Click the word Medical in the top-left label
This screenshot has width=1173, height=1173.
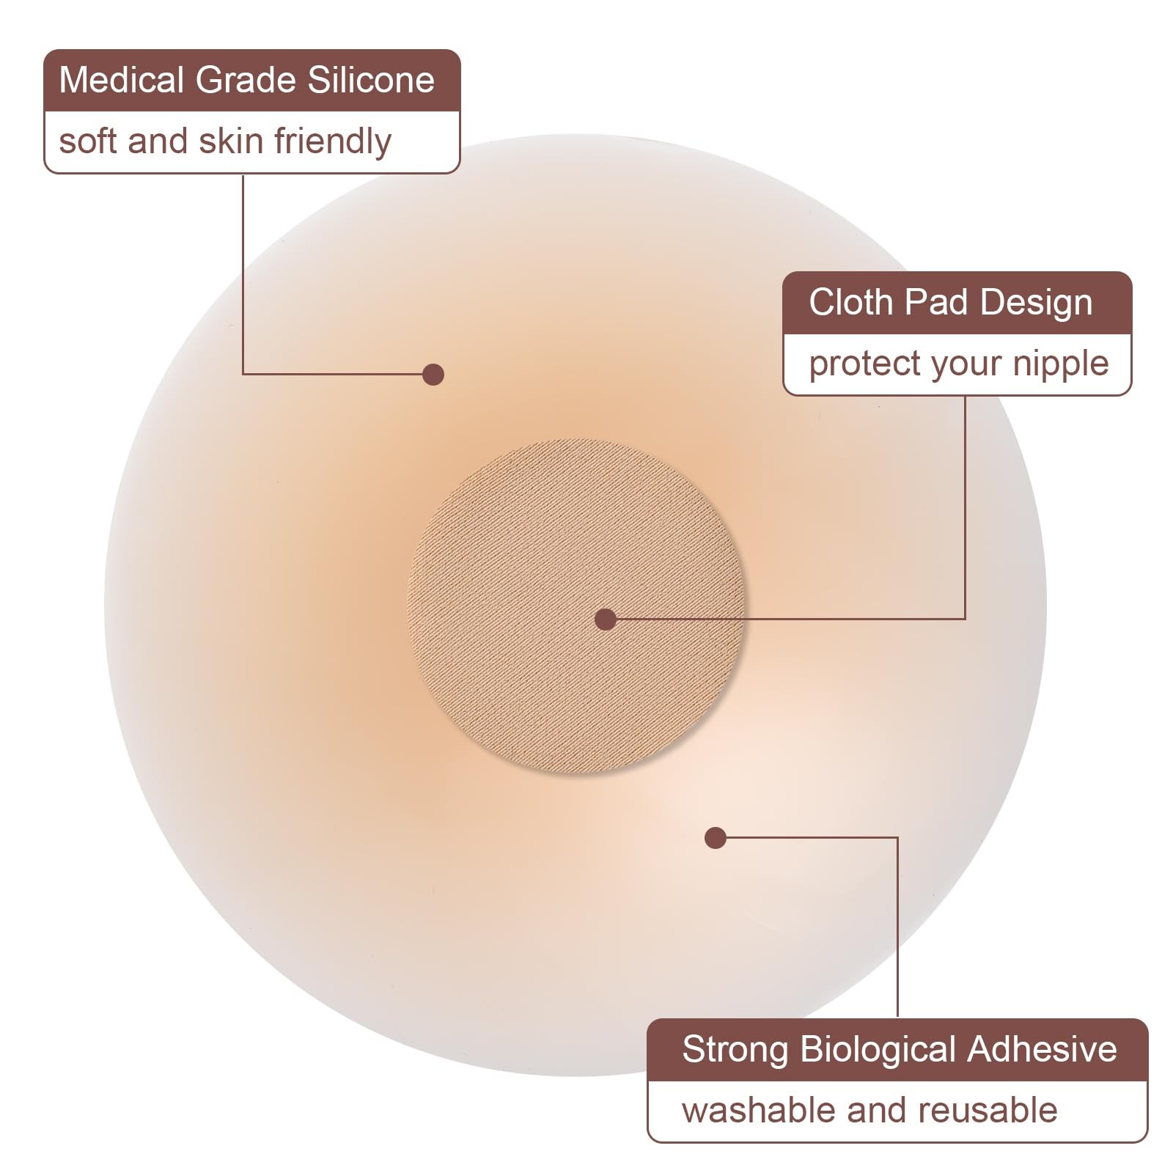[120, 80]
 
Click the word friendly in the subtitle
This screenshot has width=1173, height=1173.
[333, 141]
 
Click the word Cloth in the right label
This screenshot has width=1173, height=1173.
[850, 302]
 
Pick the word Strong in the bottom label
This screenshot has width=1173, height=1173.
[735, 1049]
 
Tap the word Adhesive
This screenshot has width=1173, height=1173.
[1042, 1049]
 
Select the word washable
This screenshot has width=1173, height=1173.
[760, 1111]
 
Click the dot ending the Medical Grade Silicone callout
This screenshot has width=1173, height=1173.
[433, 375]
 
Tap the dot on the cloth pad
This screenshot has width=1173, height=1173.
[606, 619]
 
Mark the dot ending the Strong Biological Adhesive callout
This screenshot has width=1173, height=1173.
[716, 838]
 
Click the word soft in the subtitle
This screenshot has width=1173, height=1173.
[88, 141]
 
